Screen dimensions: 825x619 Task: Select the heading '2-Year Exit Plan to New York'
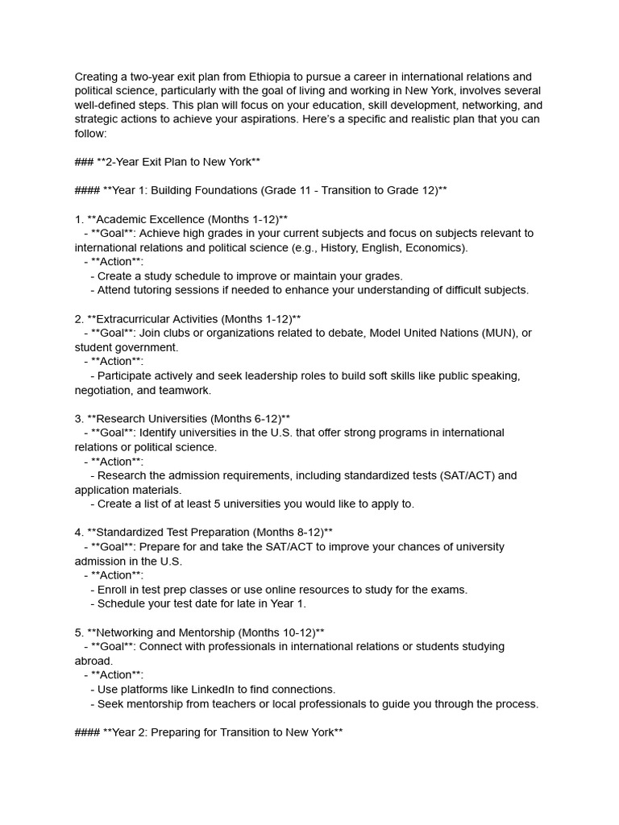coord(167,162)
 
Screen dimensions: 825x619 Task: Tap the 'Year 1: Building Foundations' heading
coord(261,190)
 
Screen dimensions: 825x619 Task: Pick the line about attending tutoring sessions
coord(313,290)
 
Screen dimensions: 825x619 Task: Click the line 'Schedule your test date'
coord(201,603)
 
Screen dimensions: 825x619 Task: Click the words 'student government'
coord(125,347)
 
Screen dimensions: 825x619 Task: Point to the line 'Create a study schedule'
coord(250,276)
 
